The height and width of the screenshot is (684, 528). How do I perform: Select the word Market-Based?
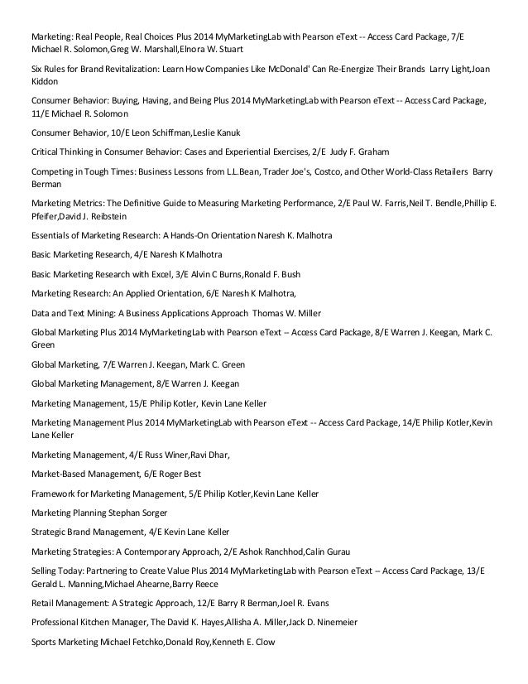[61, 474]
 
